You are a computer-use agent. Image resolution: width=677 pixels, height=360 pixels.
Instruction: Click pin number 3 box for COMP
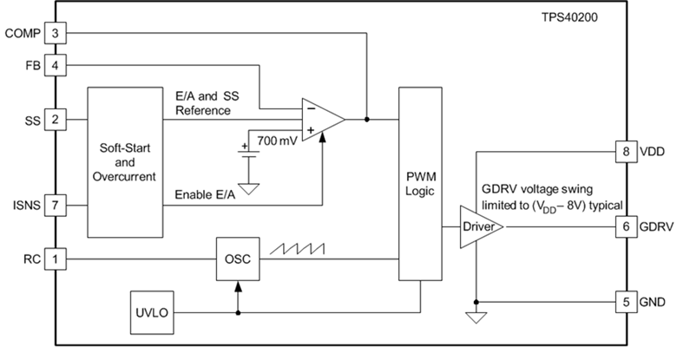(x=55, y=33)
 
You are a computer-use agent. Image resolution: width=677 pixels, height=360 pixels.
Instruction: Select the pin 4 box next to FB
(x=55, y=64)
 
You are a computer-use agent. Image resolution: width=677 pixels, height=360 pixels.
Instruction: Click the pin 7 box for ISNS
(x=55, y=205)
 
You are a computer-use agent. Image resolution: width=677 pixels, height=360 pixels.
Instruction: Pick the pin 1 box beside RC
(x=55, y=259)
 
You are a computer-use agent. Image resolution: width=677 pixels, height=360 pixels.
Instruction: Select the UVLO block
(x=153, y=310)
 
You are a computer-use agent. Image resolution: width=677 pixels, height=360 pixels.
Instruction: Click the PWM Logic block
(x=420, y=183)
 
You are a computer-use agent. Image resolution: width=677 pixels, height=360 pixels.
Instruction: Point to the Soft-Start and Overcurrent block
(x=125, y=161)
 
